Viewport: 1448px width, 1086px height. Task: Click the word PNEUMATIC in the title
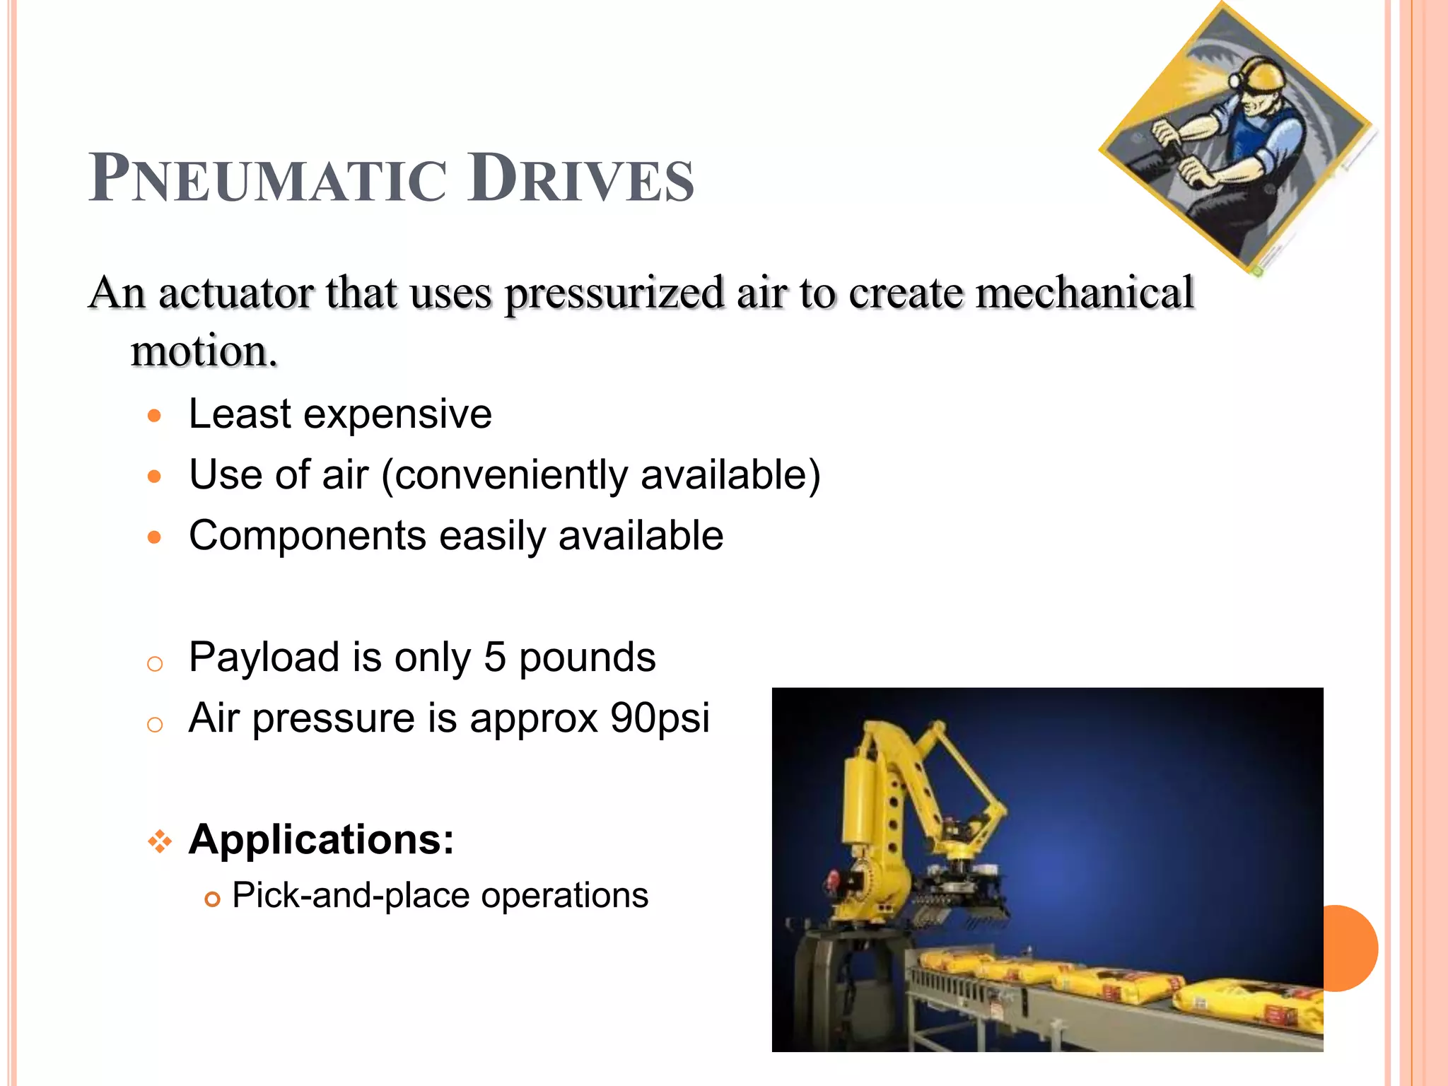tap(269, 180)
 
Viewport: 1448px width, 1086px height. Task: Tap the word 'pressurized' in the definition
tap(614, 293)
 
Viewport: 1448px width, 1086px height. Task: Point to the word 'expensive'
tap(397, 414)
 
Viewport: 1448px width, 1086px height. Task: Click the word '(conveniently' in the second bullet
tap(504, 475)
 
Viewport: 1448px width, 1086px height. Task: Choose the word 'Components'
tap(308, 536)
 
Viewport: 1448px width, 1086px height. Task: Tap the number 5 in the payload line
tap(495, 658)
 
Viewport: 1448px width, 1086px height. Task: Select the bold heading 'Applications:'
tap(321, 840)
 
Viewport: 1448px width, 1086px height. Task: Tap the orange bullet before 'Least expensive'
tap(155, 415)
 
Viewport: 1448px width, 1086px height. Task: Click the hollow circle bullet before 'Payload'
tap(155, 664)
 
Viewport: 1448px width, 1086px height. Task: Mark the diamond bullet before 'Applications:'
tap(160, 841)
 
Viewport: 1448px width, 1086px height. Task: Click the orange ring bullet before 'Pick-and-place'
tap(212, 899)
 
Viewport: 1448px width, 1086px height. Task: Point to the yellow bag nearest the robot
tap(954, 962)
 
